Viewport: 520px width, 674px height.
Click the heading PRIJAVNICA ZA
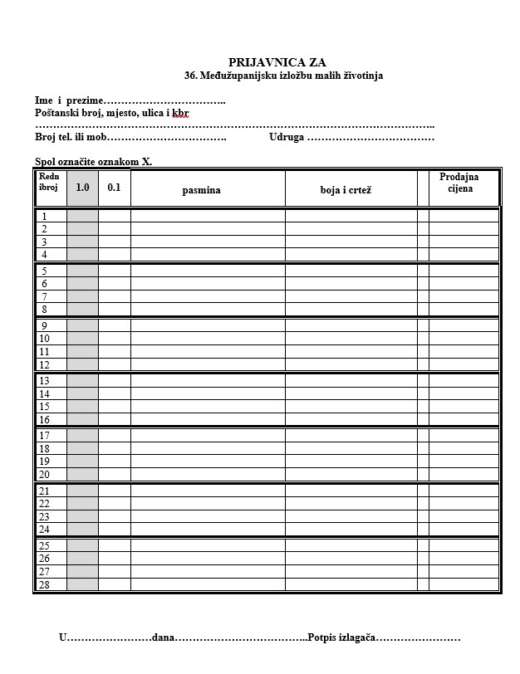[x=277, y=62]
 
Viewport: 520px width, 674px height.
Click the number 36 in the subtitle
[x=190, y=76]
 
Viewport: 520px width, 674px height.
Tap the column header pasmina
[x=202, y=190]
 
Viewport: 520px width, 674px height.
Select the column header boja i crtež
[x=346, y=190]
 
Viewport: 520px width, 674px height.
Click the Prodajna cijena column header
[x=459, y=183]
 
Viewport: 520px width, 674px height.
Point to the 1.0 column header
[x=82, y=188]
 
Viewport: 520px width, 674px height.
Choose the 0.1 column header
[x=114, y=188]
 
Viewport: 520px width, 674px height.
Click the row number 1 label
[x=44, y=217]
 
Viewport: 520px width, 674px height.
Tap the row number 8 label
[x=44, y=310]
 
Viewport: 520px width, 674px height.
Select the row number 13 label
[x=45, y=381]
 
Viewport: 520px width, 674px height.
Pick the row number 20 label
[x=45, y=475]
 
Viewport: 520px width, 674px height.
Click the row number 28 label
[x=45, y=584]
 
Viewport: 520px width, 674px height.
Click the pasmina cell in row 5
[x=208, y=271]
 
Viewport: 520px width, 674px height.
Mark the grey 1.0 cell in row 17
[x=82, y=436]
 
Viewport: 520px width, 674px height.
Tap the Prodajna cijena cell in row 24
[x=464, y=530]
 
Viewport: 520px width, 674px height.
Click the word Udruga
[x=287, y=138]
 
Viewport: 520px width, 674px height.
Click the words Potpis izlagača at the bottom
[x=342, y=638]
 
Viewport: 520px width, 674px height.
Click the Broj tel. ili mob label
[x=71, y=138]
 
